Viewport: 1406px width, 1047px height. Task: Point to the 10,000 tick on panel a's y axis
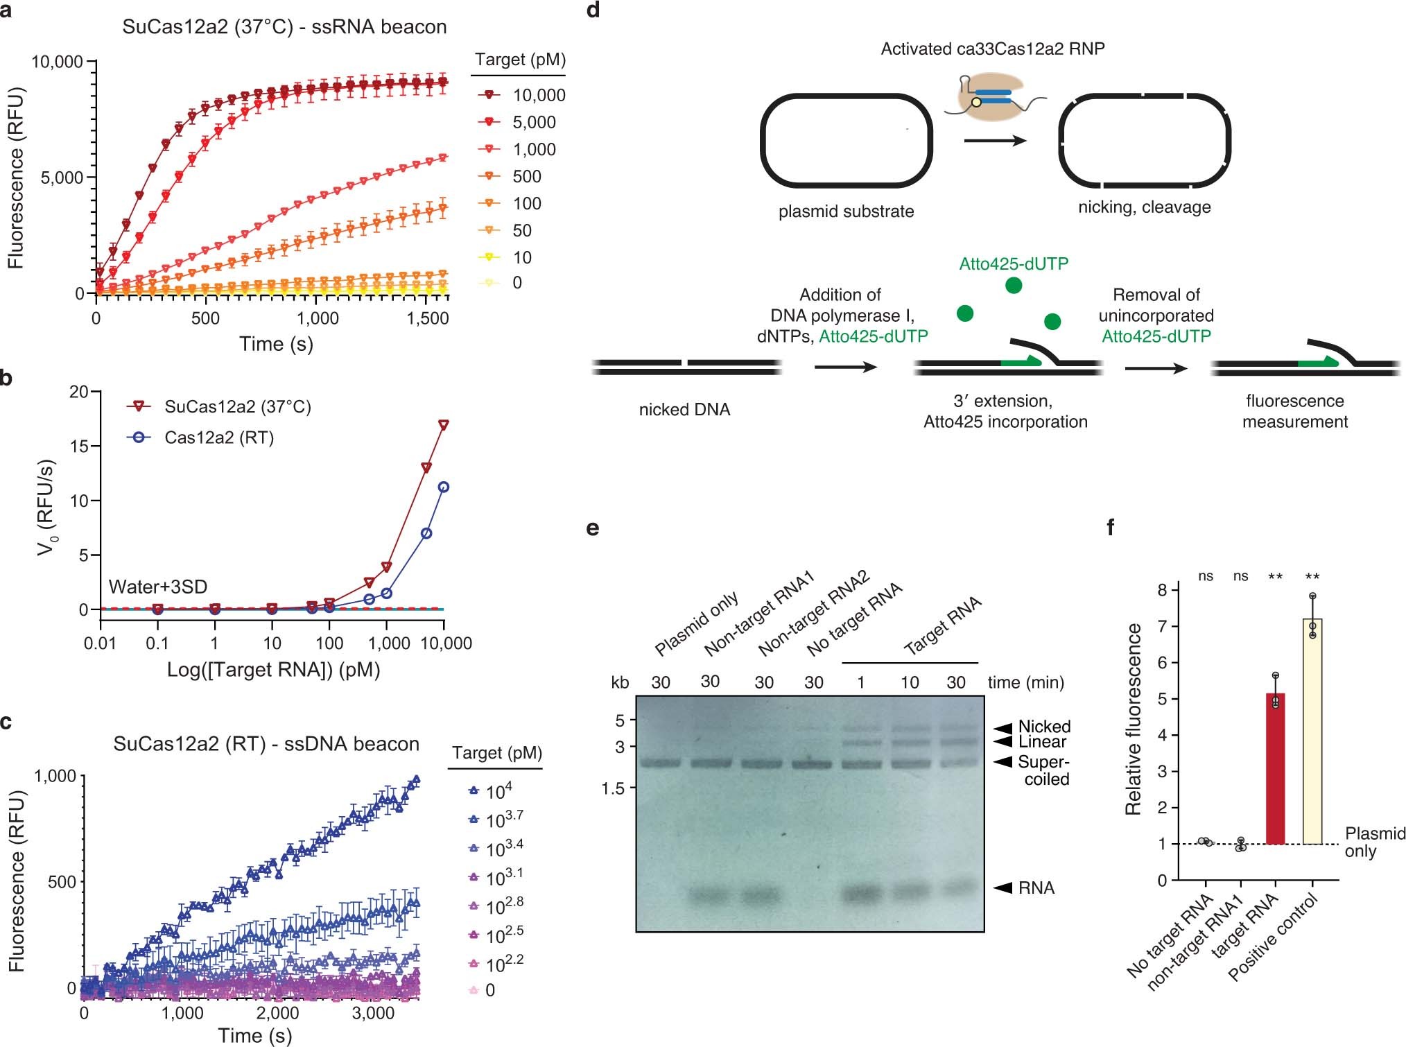[58, 62]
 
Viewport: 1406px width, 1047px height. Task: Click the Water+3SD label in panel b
[158, 587]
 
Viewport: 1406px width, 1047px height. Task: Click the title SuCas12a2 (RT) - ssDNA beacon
[266, 744]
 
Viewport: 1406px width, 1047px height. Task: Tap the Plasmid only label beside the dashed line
[1374, 842]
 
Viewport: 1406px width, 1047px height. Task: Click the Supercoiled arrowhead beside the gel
[1003, 762]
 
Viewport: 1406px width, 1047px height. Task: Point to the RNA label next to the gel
[1036, 888]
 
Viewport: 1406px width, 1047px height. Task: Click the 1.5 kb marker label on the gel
[614, 788]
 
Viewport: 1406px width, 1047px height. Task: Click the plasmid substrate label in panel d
[845, 211]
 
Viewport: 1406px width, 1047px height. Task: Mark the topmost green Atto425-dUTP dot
[1013, 285]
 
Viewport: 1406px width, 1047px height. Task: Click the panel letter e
[593, 528]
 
